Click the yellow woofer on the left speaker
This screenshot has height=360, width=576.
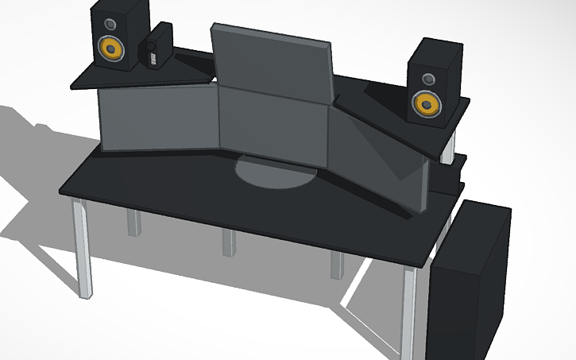tap(110, 49)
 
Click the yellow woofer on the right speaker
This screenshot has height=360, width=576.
tap(427, 104)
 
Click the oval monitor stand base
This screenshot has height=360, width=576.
tap(273, 172)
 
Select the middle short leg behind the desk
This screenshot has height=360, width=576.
tap(229, 242)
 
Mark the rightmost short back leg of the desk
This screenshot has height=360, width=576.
tap(338, 265)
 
